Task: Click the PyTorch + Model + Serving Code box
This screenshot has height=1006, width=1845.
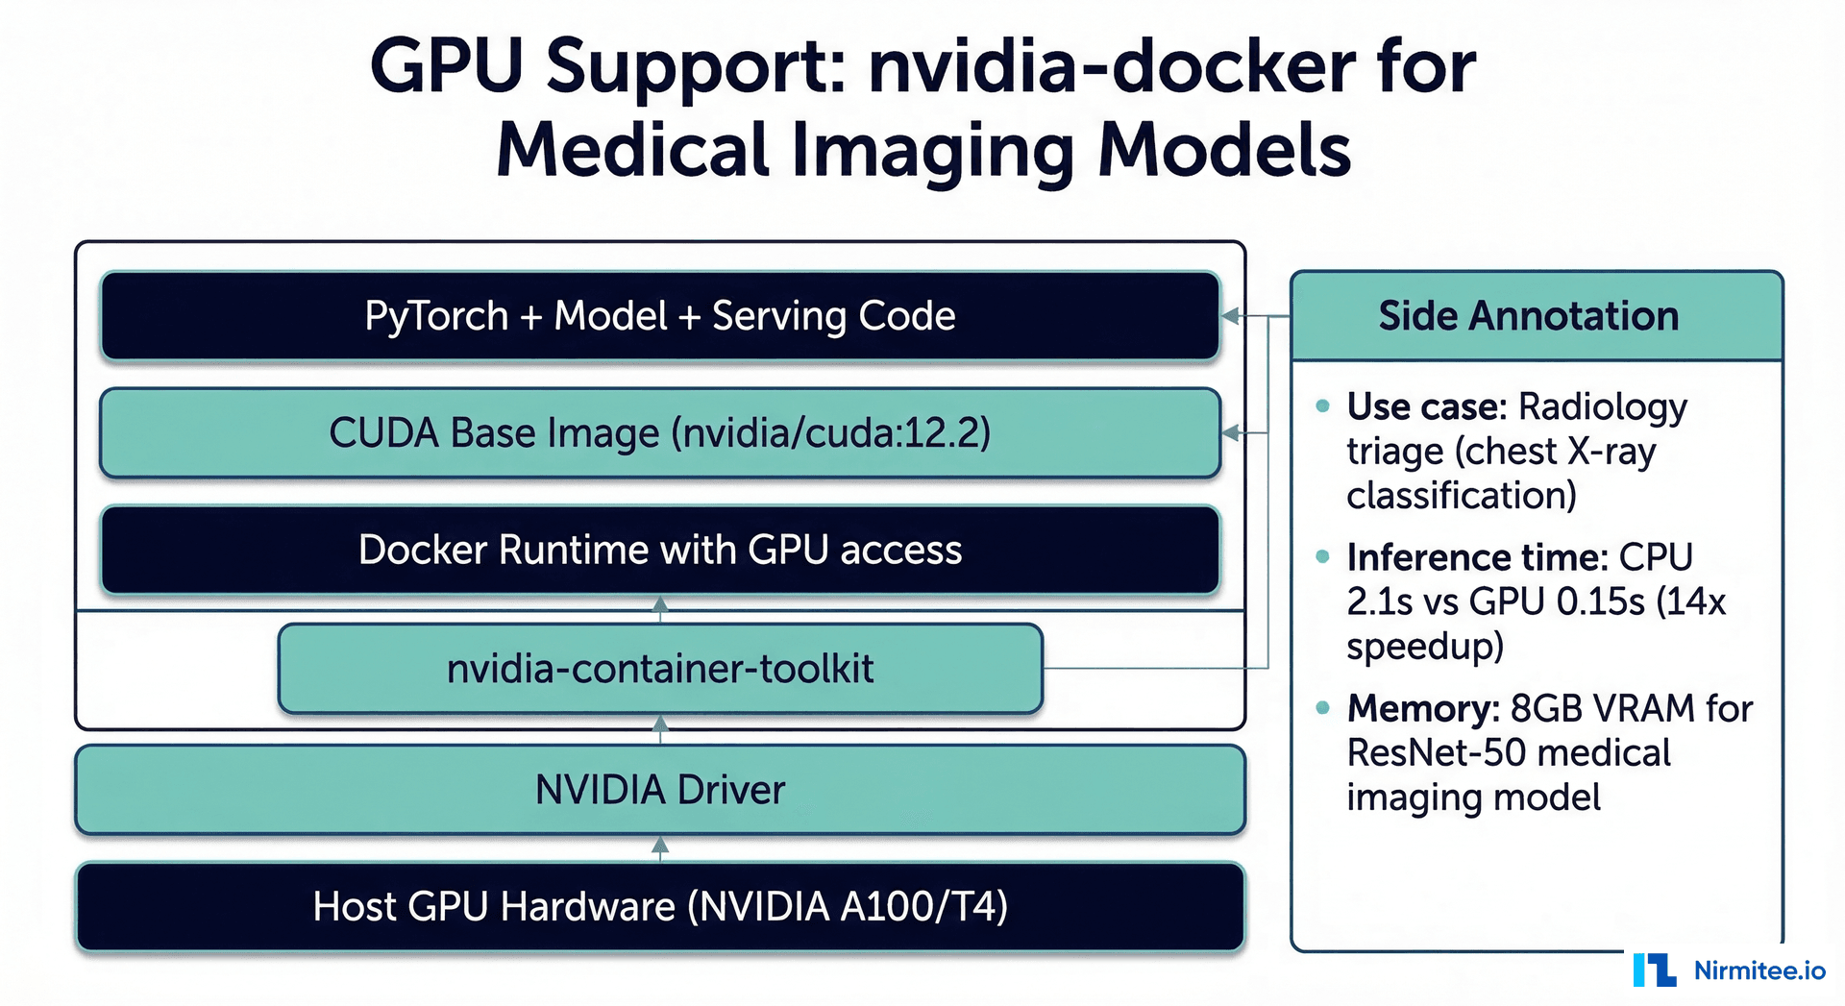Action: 660,316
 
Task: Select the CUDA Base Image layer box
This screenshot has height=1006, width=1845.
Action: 660,432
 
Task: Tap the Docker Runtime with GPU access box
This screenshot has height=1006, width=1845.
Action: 660,550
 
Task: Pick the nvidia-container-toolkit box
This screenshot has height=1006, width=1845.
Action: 660,668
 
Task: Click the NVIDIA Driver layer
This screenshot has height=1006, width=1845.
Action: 660,790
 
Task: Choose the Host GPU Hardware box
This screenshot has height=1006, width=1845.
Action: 660,906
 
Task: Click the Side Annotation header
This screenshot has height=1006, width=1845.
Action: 1536,316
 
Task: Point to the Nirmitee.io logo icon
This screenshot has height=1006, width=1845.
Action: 1654,969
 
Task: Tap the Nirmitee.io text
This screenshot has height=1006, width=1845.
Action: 1759,970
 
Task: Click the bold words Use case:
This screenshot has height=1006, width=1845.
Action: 1426,407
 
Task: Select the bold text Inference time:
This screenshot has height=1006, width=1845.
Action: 1476,557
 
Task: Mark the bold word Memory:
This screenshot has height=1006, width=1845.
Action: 1422,708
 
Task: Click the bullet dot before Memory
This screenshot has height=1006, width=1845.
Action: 1323,708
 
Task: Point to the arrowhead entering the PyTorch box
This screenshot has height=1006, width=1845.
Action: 1230,316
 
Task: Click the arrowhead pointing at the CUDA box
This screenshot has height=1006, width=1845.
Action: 1230,433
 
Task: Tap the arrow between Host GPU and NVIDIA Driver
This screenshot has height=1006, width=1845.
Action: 660,847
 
